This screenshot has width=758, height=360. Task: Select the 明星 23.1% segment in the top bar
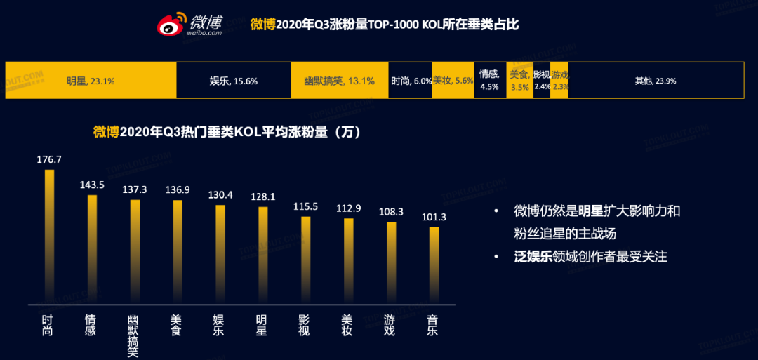[91, 81]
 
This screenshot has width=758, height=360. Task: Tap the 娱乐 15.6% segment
[234, 81]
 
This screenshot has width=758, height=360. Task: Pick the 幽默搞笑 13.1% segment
[340, 81]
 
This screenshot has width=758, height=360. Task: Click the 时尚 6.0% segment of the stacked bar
[411, 81]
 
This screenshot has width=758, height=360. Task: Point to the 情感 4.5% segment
[489, 80]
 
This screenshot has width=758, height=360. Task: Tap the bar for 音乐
[434, 266]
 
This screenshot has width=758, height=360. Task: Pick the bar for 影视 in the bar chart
[305, 260]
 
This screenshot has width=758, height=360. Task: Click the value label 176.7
[49, 160]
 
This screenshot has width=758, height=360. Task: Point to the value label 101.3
[434, 217]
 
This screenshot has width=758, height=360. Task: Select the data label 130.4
[220, 194]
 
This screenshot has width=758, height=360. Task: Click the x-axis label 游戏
[391, 325]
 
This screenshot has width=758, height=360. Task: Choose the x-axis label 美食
[177, 325]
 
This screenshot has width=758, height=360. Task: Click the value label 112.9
[348, 208]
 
